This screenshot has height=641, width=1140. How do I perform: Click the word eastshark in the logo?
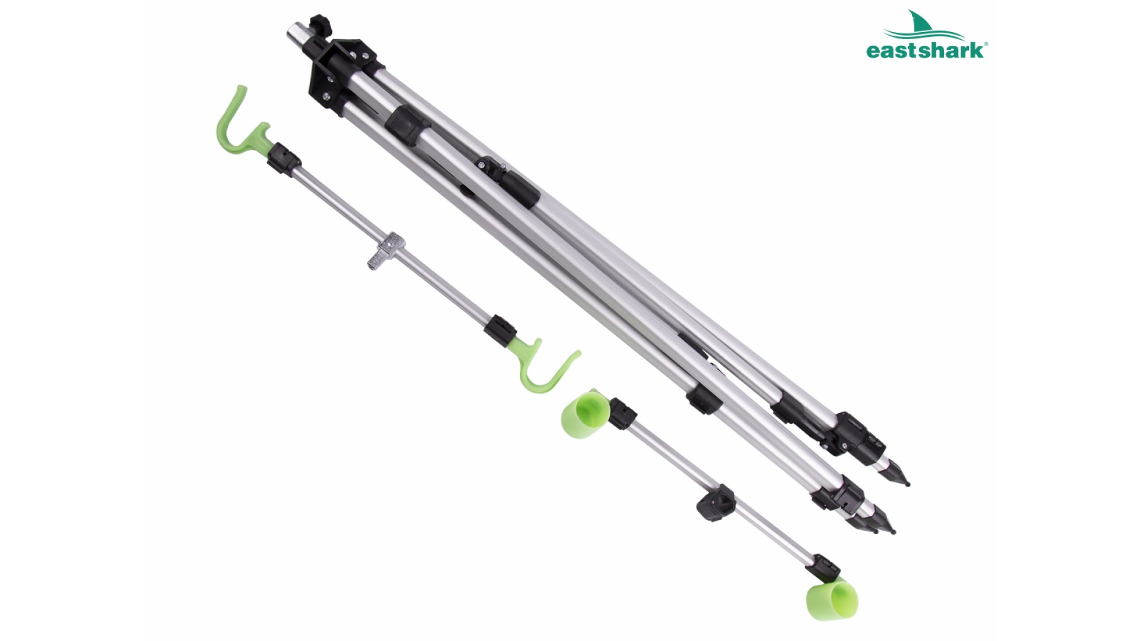924,50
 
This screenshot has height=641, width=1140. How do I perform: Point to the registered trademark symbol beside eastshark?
986,44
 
